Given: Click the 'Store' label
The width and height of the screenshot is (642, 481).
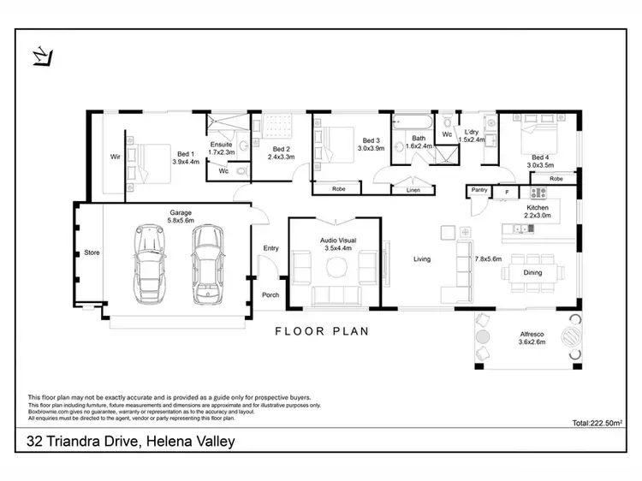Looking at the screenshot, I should [92, 253].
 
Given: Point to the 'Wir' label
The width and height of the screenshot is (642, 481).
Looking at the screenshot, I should [114, 157].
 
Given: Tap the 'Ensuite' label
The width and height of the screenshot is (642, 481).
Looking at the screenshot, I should [221, 145].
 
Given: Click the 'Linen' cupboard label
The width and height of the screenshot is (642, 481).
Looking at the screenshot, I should [413, 189].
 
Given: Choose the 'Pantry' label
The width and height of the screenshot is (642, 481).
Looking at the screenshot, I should [479, 190].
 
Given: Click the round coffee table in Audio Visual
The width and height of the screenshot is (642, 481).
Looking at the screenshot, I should [335, 270].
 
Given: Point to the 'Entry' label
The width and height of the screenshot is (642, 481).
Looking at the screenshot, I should [271, 248].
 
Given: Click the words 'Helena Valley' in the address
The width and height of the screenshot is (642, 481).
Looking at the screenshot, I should [189, 442].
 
